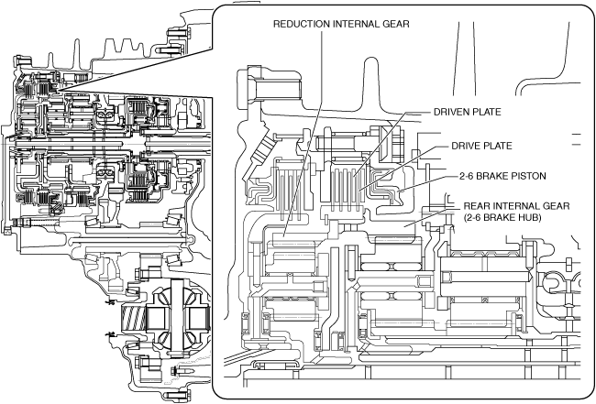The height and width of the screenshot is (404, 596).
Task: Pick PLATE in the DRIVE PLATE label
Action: click(x=502, y=145)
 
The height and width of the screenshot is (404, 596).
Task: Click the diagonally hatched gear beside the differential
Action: click(x=134, y=321)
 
